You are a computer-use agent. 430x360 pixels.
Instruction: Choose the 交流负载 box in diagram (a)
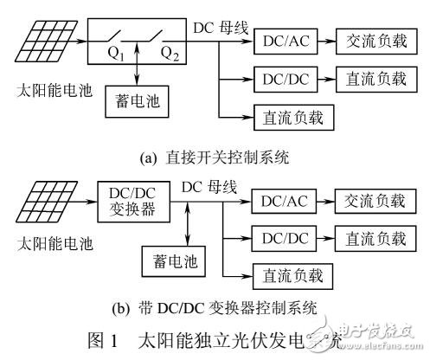[x=375, y=42]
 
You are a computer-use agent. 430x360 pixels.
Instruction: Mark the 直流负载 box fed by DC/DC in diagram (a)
[x=375, y=80]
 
